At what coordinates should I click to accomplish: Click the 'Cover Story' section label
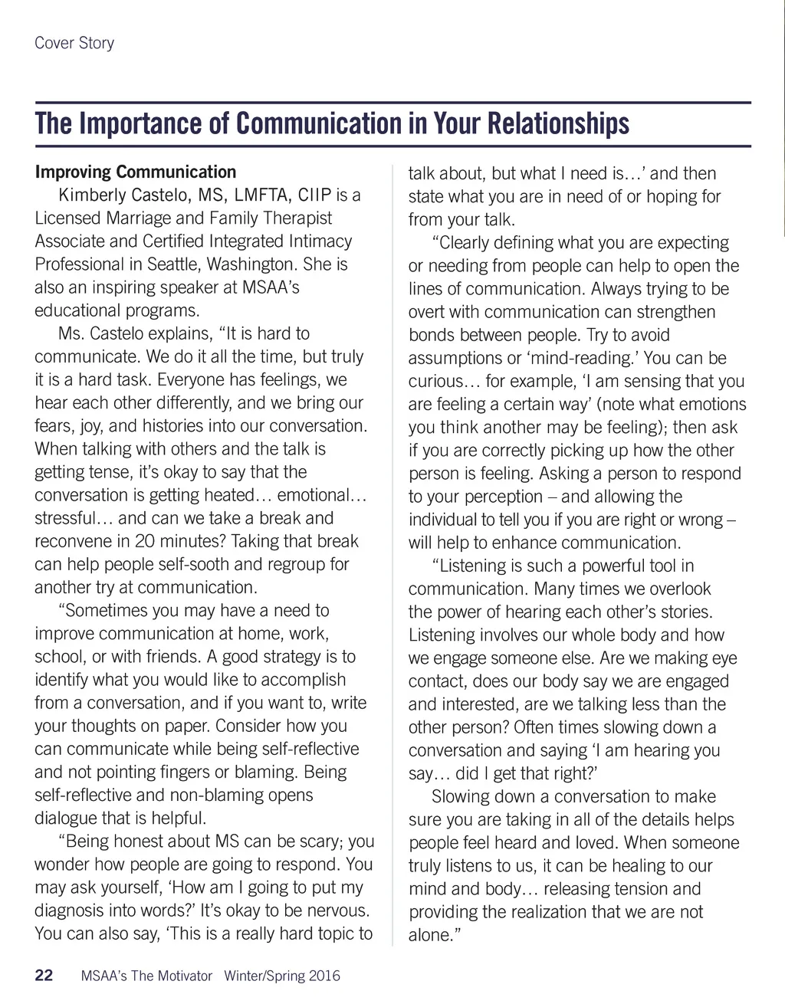pos(74,43)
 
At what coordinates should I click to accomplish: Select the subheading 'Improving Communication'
pos(136,172)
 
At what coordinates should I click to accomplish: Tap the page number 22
pos(44,976)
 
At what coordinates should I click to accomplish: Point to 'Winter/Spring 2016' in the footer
pos(282,976)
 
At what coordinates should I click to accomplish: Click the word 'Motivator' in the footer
pos(185,976)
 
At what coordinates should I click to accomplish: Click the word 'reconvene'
pos(71,541)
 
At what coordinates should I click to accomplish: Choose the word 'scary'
pos(321,842)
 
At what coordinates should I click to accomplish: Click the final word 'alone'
pos(430,935)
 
